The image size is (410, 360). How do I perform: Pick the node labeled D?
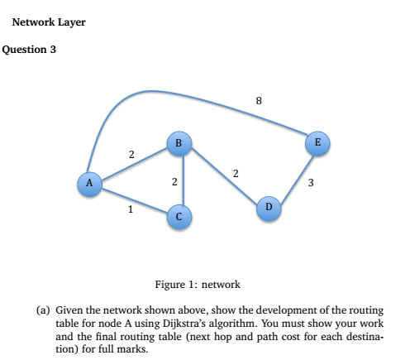click(268, 205)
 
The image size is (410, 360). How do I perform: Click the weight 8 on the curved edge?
click(259, 102)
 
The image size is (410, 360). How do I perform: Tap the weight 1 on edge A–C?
click(130, 209)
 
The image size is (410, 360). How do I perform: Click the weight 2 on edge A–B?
click(130, 154)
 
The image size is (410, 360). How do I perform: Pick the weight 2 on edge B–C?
click(173, 180)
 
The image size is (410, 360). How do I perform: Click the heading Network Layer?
click(49, 22)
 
